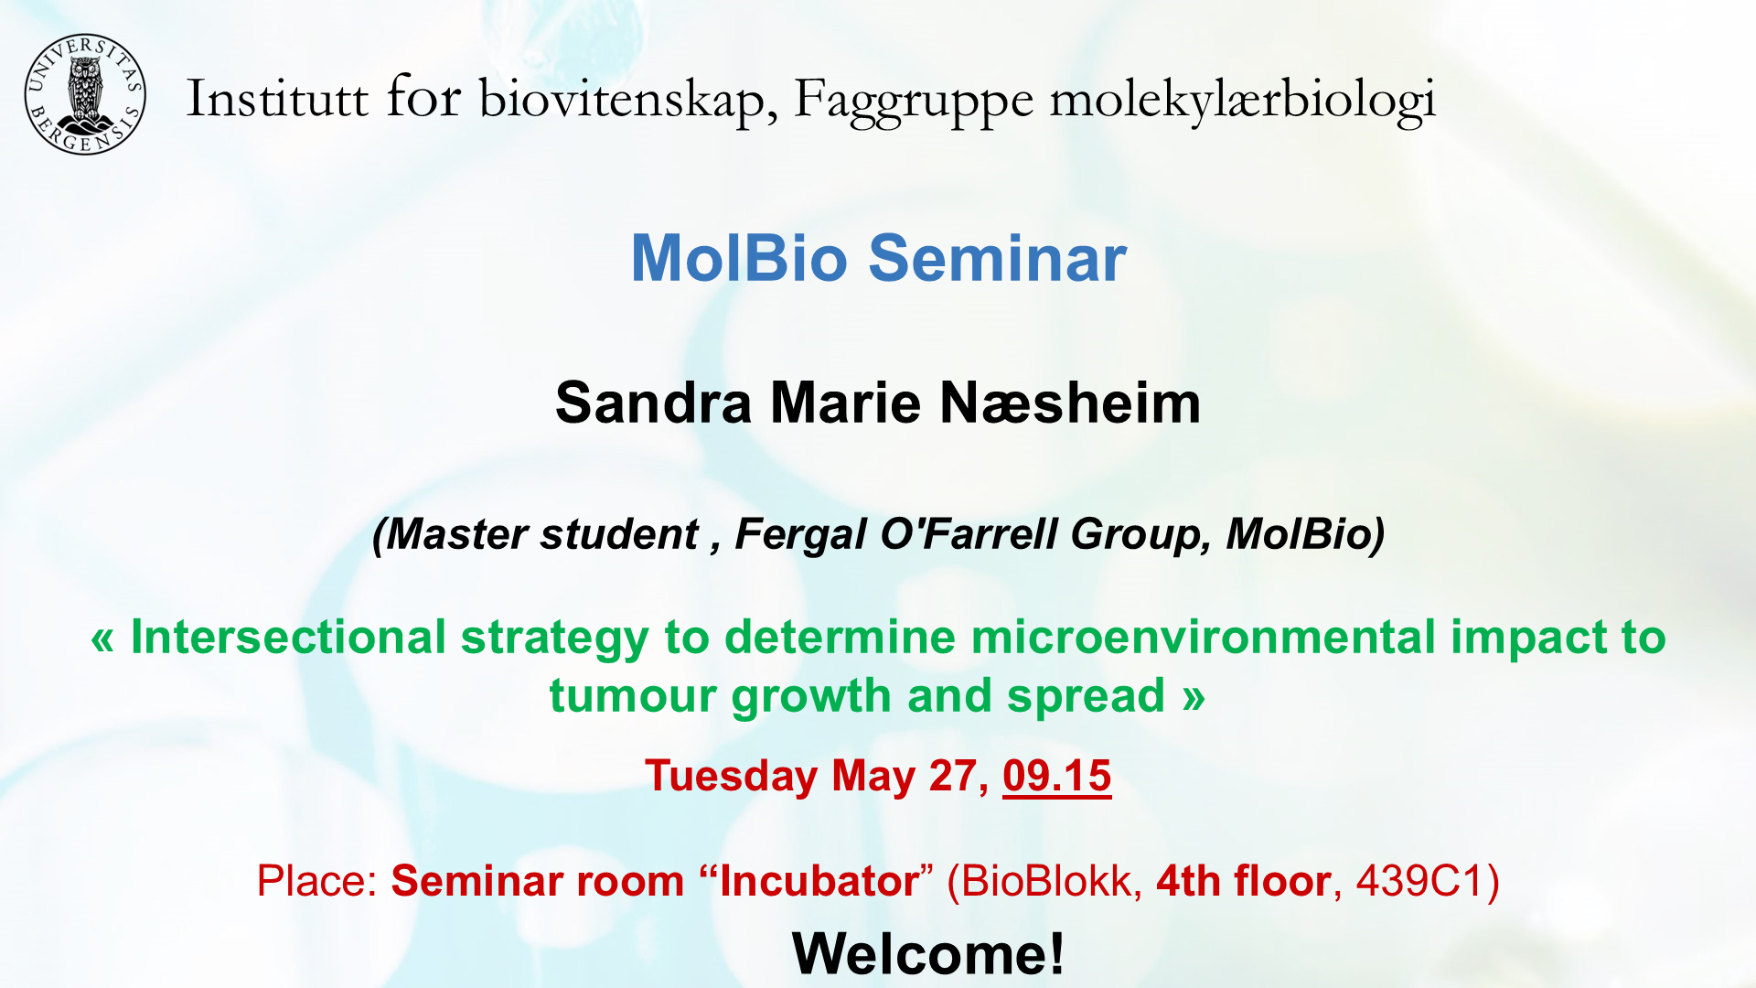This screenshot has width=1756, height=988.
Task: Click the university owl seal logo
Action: pos(85,94)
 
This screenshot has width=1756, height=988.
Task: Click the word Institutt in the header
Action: pos(277,98)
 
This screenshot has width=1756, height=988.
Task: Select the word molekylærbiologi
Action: pos(1243,101)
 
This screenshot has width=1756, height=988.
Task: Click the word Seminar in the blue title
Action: pos(997,258)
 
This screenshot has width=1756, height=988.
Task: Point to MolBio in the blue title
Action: pos(739,258)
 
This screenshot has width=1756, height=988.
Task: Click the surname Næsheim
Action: pos(1070,403)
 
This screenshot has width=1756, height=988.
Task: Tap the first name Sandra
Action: pos(654,403)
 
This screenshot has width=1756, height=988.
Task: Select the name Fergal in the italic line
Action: pos(800,534)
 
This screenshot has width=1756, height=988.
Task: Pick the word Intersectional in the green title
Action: pos(288,637)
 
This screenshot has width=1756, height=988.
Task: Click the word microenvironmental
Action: pos(1204,637)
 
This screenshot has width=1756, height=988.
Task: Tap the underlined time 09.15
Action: pos(1057,777)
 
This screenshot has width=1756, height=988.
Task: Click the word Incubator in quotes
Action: pos(819,881)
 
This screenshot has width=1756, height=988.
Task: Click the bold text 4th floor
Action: pos(1244,881)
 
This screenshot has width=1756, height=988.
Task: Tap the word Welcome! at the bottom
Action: pos(928,954)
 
